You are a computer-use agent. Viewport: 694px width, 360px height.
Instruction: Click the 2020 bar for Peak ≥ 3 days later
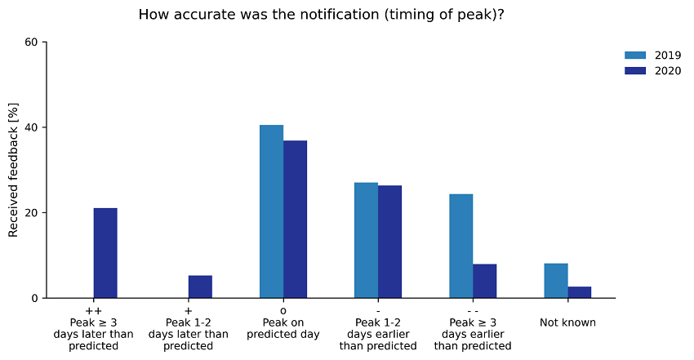tap(105, 253)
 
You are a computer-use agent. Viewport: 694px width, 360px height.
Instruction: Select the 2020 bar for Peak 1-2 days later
tap(200, 287)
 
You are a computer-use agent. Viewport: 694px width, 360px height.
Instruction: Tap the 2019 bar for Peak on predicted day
tap(271, 211)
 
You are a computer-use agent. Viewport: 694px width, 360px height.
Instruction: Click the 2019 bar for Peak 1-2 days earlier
tap(366, 240)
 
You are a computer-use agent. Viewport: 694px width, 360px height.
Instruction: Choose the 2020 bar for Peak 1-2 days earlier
tap(389, 242)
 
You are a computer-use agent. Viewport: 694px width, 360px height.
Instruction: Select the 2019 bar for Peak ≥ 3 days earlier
tap(460, 246)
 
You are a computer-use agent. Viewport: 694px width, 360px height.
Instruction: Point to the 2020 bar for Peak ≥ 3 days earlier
tap(484, 281)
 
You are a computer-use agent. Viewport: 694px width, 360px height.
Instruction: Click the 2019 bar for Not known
tap(555, 280)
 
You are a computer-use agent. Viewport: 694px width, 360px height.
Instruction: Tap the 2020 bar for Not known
tap(579, 292)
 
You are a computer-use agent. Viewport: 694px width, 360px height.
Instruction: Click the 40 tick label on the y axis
tap(33, 127)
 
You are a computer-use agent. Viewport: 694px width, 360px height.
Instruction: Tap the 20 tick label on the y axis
tap(33, 213)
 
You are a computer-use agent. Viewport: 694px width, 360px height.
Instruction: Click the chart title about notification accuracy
tap(321, 15)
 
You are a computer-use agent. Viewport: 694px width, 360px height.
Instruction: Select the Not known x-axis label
tap(567, 322)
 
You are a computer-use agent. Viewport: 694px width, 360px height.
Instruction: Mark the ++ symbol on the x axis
tap(93, 311)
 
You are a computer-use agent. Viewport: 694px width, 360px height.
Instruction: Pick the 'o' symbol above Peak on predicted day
tap(283, 311)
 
